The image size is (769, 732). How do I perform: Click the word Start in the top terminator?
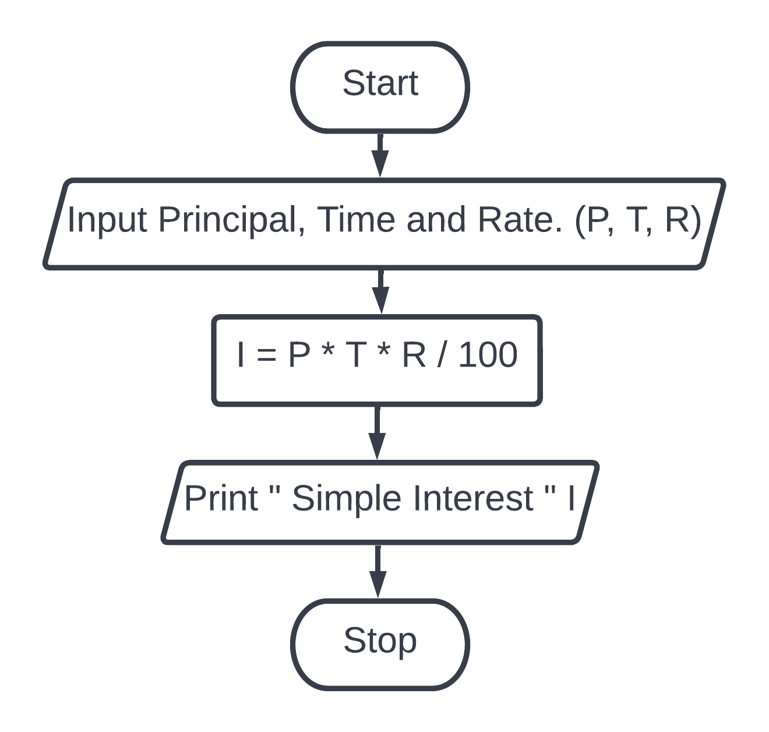(x=380, y=83)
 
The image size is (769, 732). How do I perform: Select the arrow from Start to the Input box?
(x=380, y=156)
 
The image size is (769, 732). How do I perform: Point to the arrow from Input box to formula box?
(x=380, y=291)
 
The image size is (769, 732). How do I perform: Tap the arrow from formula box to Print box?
(x=377, y=432)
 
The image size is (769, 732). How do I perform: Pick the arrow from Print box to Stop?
(x=378, y=572)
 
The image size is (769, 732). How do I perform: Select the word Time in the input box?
(x=356, y=219)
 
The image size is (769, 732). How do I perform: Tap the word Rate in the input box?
(x=520, y=219)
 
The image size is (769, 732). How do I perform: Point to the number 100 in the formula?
(x=488, y=355)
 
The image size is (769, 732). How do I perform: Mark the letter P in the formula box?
(x=299, y=355)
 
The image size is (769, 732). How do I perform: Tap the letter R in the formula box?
(x=414, y=355)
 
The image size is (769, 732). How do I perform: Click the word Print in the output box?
(x=221, y=498)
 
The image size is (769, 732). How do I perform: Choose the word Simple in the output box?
(x=347, y=500)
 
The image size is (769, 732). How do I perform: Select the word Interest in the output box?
(x=473, y=498)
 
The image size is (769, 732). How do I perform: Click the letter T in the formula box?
(x=356, y=355)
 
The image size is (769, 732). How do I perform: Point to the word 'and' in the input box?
(x=436, y=219)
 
